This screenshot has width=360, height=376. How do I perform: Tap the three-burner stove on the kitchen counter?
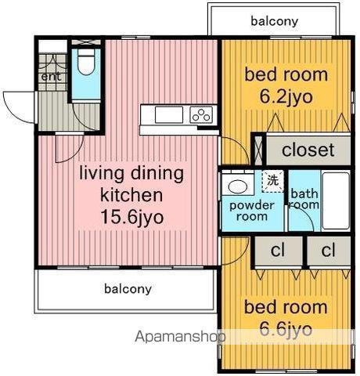(201, 115)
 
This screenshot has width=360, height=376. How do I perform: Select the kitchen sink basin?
(169, 115)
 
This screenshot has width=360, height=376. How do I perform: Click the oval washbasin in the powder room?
(238, 186)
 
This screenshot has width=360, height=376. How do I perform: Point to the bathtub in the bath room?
(336, 201)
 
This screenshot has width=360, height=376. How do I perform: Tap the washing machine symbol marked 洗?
(272, 182)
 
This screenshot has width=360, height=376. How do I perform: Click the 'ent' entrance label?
(52, 77)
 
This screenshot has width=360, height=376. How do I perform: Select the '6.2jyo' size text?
(286, 97)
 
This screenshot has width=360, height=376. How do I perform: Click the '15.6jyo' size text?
(132, 217)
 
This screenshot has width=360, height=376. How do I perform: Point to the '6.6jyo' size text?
(286, 330)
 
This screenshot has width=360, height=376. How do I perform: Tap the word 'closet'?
(308, 150)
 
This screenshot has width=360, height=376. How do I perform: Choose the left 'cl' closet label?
(278, 250)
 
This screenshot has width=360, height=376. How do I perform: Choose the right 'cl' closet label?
(328, 250)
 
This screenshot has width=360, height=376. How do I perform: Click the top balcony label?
(274, 21)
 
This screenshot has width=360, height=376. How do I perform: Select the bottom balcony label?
(128, 289)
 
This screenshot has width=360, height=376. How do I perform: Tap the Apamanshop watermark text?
(181, 337)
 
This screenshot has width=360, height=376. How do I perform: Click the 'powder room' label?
(252, 211)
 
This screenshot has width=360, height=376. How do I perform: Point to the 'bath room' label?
(304, 199)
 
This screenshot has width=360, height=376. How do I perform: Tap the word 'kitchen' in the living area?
(131, 195)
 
